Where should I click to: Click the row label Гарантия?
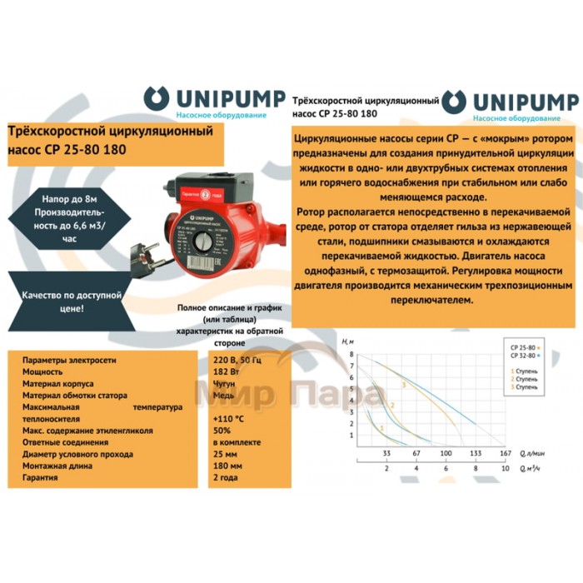pyautogui.click(x=41, y=480)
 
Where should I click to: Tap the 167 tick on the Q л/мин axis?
pyautogui.click(x=505, y=453)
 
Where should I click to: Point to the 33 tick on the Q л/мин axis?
pyautogui.click(x=386, y=453)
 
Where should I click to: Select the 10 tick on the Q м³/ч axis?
pyautogui.click(x=505, y=469)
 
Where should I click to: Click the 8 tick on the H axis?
pyautogui.click(x=352, y=354)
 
